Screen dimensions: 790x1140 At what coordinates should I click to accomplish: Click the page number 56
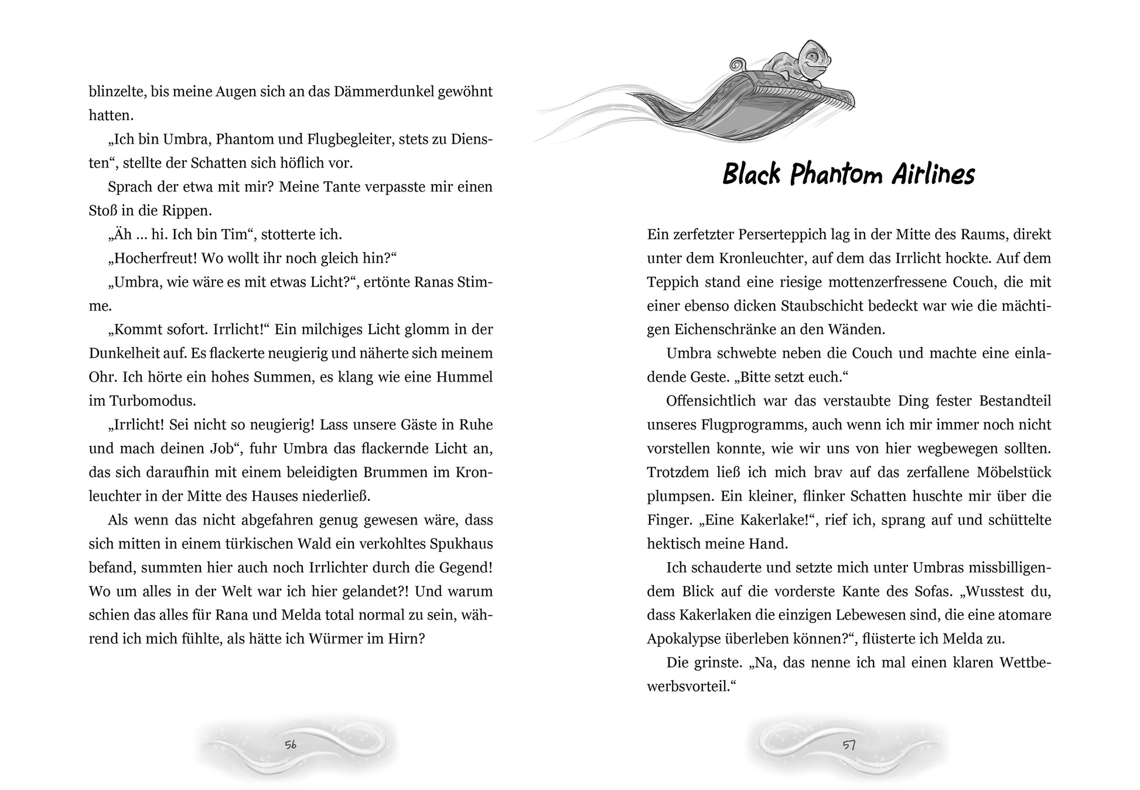(291, 745)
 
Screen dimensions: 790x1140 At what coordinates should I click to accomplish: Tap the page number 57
(849, 745)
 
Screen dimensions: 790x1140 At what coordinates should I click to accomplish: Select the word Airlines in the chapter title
(933, 174)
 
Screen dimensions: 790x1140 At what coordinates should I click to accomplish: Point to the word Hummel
(464, 377)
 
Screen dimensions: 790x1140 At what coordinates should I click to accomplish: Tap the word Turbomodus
(151, 401)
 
